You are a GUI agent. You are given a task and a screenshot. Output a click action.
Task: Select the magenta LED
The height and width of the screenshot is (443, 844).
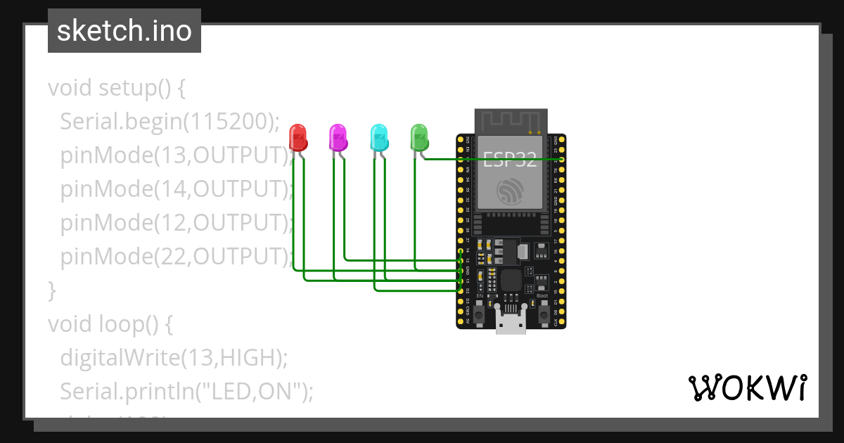point(338,137)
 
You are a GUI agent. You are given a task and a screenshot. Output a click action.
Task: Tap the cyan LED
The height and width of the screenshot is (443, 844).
point(379,137)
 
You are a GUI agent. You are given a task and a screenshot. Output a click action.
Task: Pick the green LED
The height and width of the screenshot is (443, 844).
point(419,136)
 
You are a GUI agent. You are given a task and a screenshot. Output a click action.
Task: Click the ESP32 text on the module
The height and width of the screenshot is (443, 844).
point(510,160)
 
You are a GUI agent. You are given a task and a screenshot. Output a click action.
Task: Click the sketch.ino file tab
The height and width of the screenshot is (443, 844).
point(124,31)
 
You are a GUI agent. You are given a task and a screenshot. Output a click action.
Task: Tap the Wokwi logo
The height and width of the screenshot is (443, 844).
point(747,387)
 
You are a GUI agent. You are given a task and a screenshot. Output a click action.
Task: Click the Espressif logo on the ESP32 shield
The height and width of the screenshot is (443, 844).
point(510,191)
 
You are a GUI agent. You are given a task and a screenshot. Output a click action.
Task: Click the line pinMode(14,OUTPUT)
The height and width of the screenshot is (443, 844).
point(176,189)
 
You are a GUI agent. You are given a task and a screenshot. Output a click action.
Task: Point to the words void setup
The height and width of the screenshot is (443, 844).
point(109,89)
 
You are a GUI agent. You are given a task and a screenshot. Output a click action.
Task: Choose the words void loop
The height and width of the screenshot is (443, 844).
point(103,324)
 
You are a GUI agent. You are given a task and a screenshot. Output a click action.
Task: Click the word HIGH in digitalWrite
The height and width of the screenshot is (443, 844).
point(246,358)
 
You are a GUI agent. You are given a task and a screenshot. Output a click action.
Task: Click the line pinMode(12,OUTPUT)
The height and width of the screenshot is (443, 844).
point(176,223)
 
